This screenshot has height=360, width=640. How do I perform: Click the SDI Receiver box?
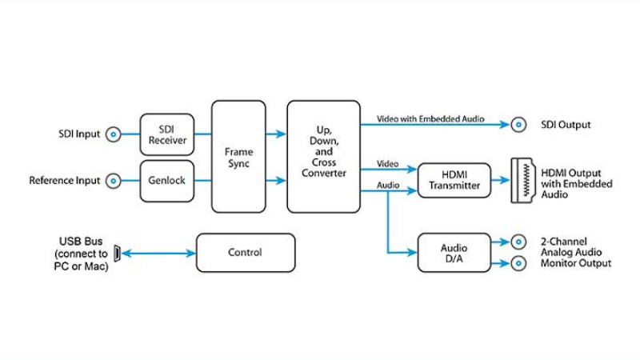point(167,134)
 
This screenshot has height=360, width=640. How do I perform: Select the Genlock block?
point(167,181)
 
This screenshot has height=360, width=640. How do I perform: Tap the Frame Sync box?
point(238,157)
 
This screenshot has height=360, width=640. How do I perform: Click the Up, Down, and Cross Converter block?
point(324,157)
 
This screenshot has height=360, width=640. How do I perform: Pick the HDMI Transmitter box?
point(454,180)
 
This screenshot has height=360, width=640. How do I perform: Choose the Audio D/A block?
point(454,253)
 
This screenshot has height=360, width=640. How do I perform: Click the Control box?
point(245,253)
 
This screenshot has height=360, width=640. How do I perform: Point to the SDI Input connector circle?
point(114,134)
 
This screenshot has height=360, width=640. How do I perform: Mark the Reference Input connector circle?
point(114,181)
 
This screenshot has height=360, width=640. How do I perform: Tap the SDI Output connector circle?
point(519,124)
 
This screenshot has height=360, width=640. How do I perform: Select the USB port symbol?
point(117,254)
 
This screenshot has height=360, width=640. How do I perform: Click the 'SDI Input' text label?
point(79,134)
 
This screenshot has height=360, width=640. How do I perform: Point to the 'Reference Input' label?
point(65,181)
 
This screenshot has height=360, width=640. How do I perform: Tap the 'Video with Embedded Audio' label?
point(421,118)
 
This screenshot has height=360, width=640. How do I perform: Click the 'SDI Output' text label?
point(566,125)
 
